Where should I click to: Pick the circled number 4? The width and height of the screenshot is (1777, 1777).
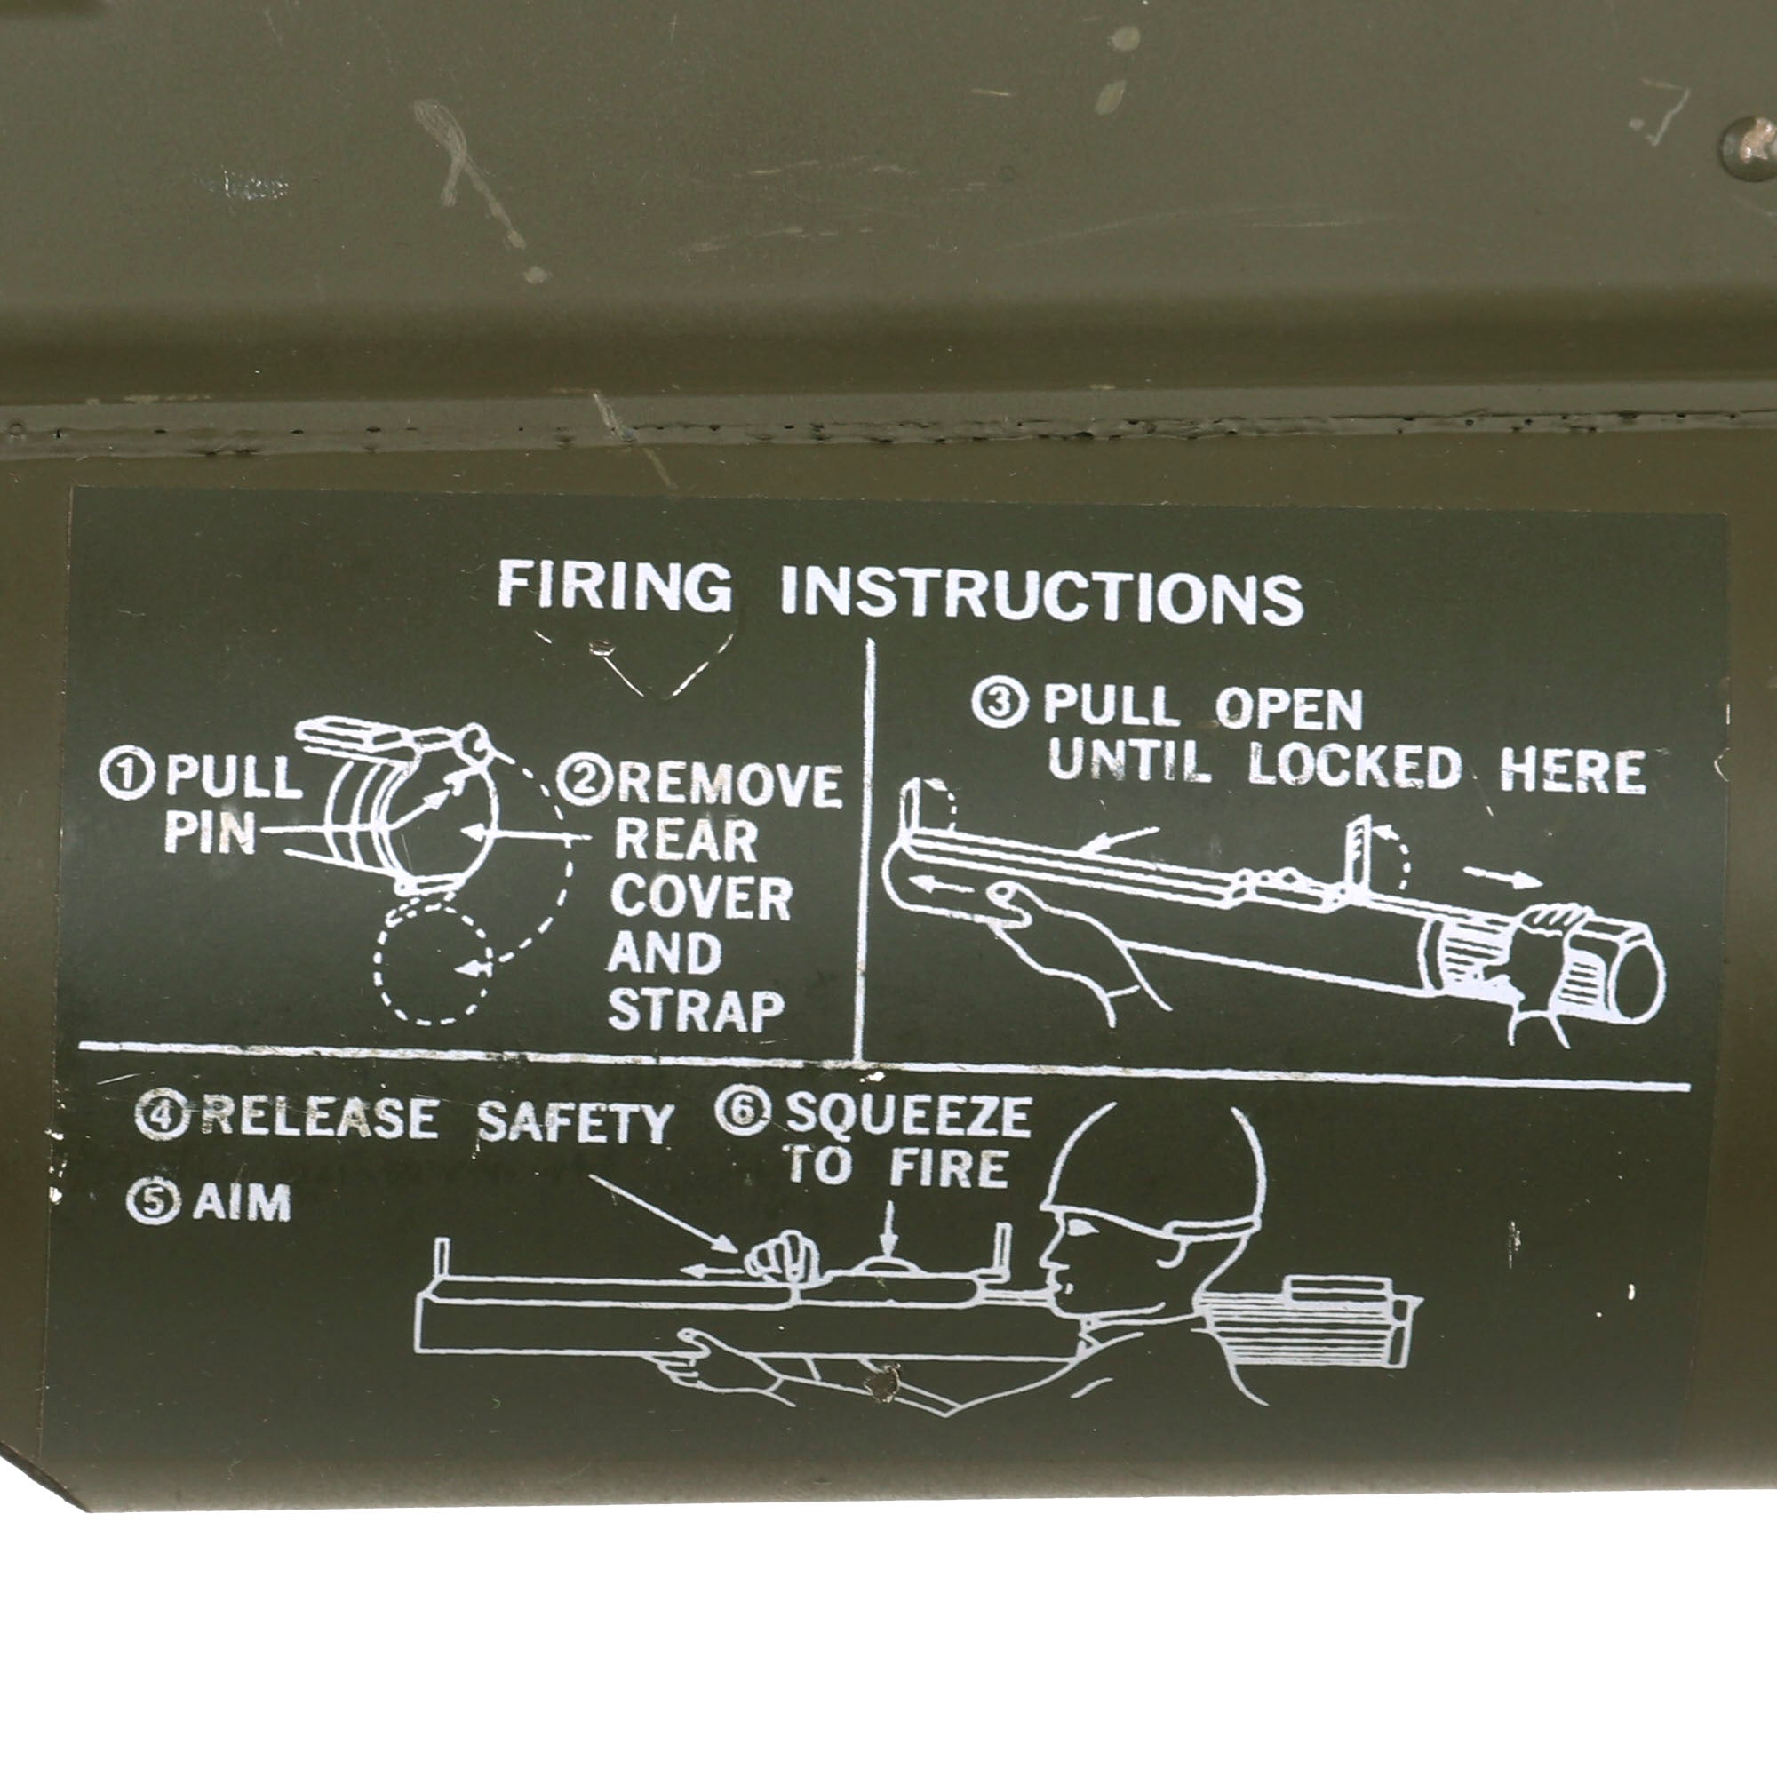tap(162, 1114)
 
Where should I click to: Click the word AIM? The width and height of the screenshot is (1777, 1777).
tap(242, 1202)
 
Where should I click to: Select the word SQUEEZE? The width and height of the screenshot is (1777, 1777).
tap(908, 1116)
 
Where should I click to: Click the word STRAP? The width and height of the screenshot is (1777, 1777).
tap(696, 1009)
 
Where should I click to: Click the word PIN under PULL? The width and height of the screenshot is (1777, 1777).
tap(210, 833)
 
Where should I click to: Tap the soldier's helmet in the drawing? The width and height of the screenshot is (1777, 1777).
tap(1154, 1165)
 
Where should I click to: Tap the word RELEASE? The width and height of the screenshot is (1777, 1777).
tap(318, 1117)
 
